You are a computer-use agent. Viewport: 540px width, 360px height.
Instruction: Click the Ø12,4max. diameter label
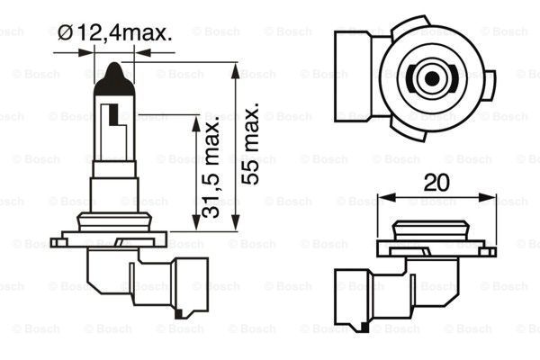(115, 34)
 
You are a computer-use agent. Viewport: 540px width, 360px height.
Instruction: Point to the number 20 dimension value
(436, 182)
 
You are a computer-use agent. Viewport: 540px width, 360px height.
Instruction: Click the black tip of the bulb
(113, 73)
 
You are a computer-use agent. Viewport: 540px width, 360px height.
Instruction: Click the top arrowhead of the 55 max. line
(236, 67)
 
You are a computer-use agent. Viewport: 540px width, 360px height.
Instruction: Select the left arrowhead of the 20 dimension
(382, 197)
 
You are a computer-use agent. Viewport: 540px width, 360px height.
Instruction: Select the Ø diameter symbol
(66, 34)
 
